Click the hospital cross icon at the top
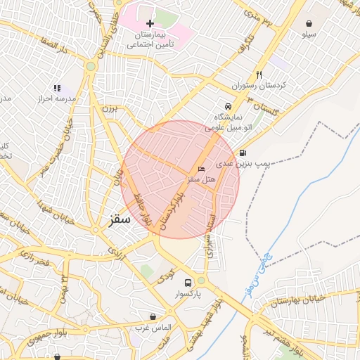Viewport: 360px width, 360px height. pyautogui.click(x=150, y=23)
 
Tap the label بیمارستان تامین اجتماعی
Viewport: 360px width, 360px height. pyautogui.click(x=150, y=39)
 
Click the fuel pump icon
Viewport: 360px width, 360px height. pyautogui.click(x=243, y=152)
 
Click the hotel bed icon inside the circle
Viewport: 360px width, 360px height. pyautogui.click(x=202, y=169)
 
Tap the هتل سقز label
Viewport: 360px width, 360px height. pyautogui.click(x=202, y=181)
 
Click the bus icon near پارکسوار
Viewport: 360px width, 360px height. pyautogui.click(x=187, y=283)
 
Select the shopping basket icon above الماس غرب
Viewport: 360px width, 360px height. pyautogui.click(x=153, y=317)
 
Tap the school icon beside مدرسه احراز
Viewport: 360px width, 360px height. pyautogui.click(x=57, y=89)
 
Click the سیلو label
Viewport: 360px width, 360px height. pyautogui.click(x=309, y=34)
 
